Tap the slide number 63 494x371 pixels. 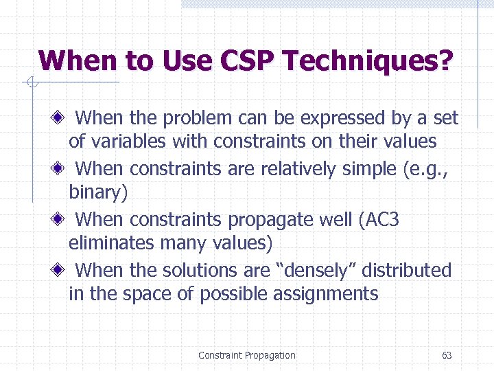point(447,355)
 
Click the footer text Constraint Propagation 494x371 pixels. point(247,355)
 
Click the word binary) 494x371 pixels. point(98,192)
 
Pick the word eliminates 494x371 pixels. point(112,243)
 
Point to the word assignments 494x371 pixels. point(325,294)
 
